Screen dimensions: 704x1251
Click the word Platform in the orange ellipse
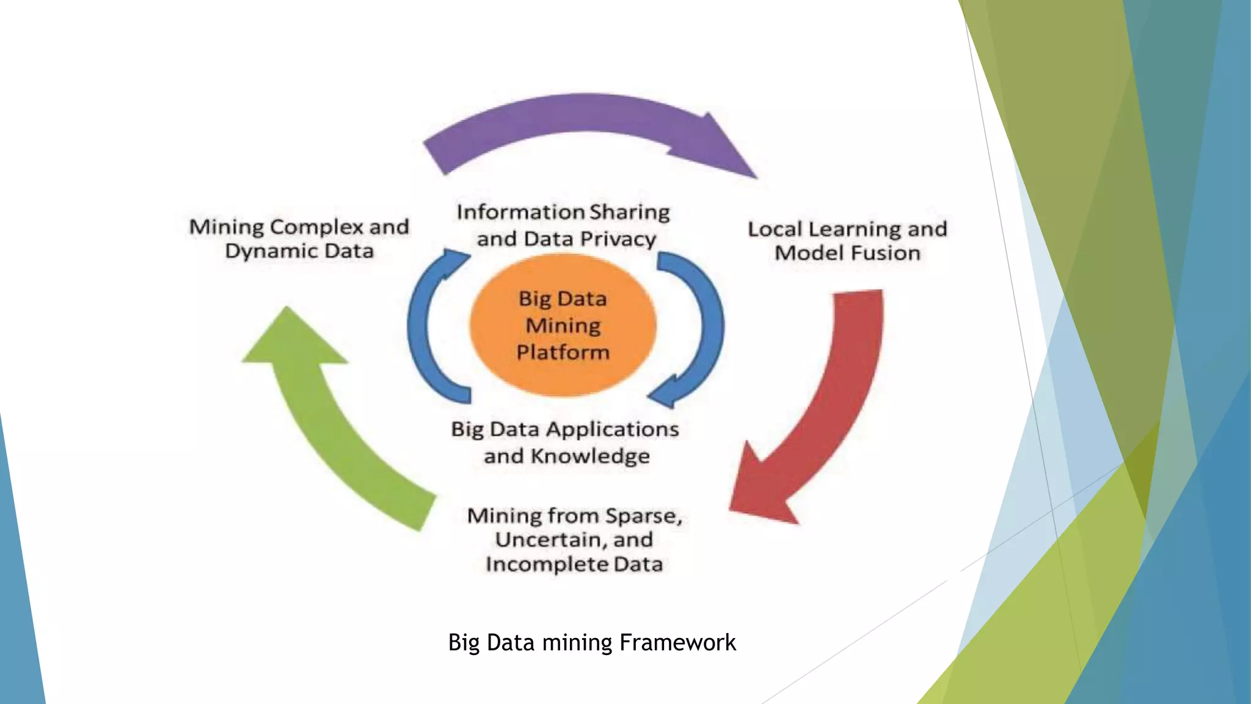(563, 353)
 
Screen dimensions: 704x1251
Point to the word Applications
(612, 430)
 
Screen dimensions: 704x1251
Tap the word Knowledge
(590, 457)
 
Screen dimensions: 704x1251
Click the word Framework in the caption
(677, 643)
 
